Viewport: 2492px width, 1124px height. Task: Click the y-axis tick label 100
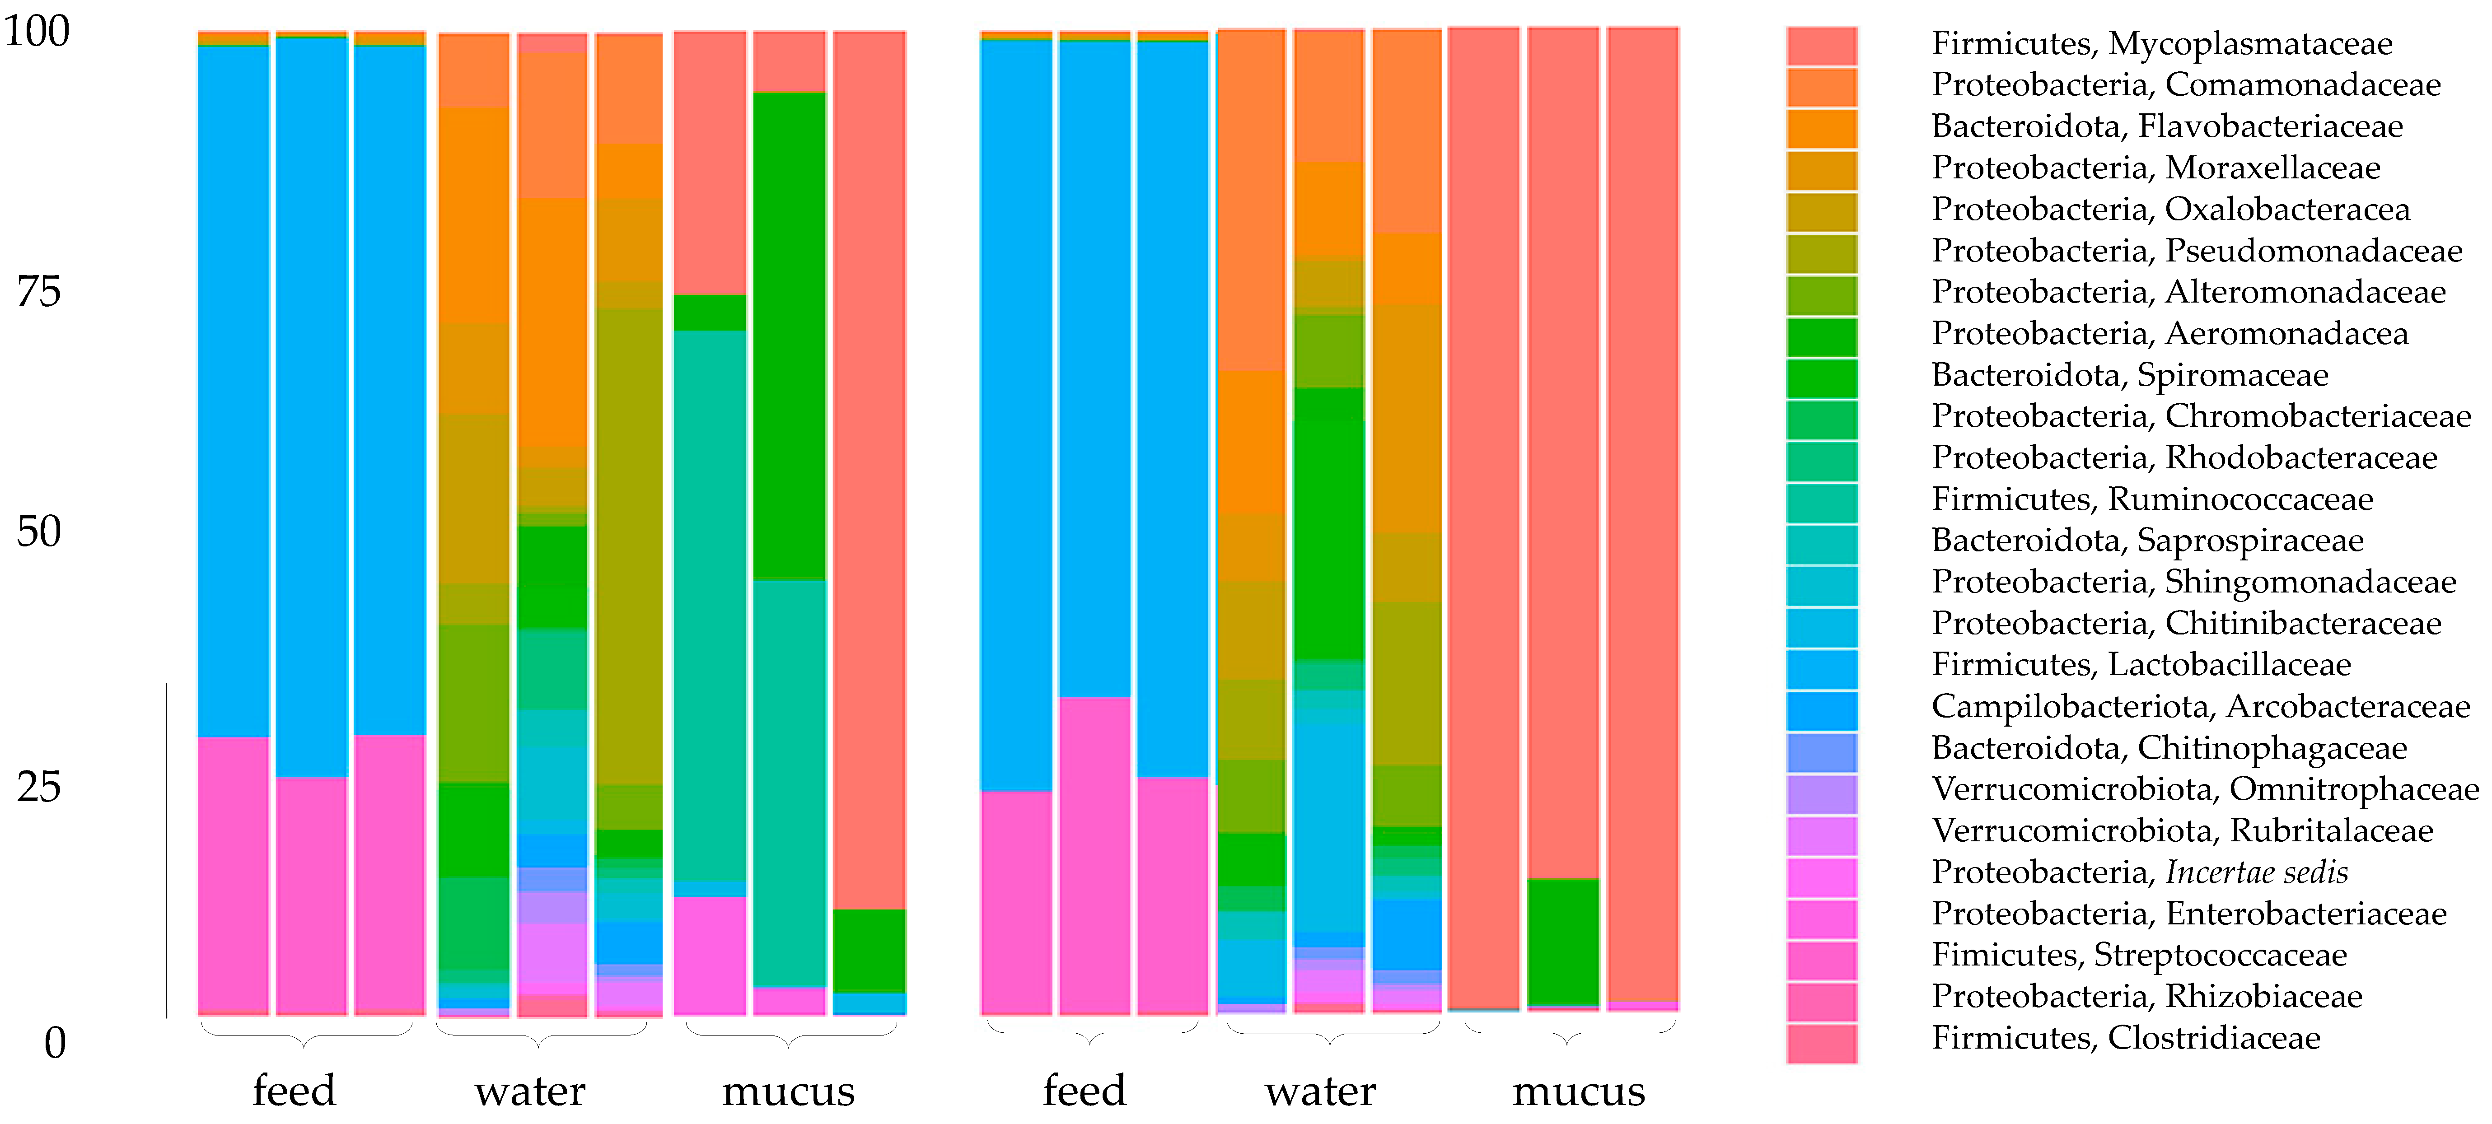[x=37, y=32]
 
